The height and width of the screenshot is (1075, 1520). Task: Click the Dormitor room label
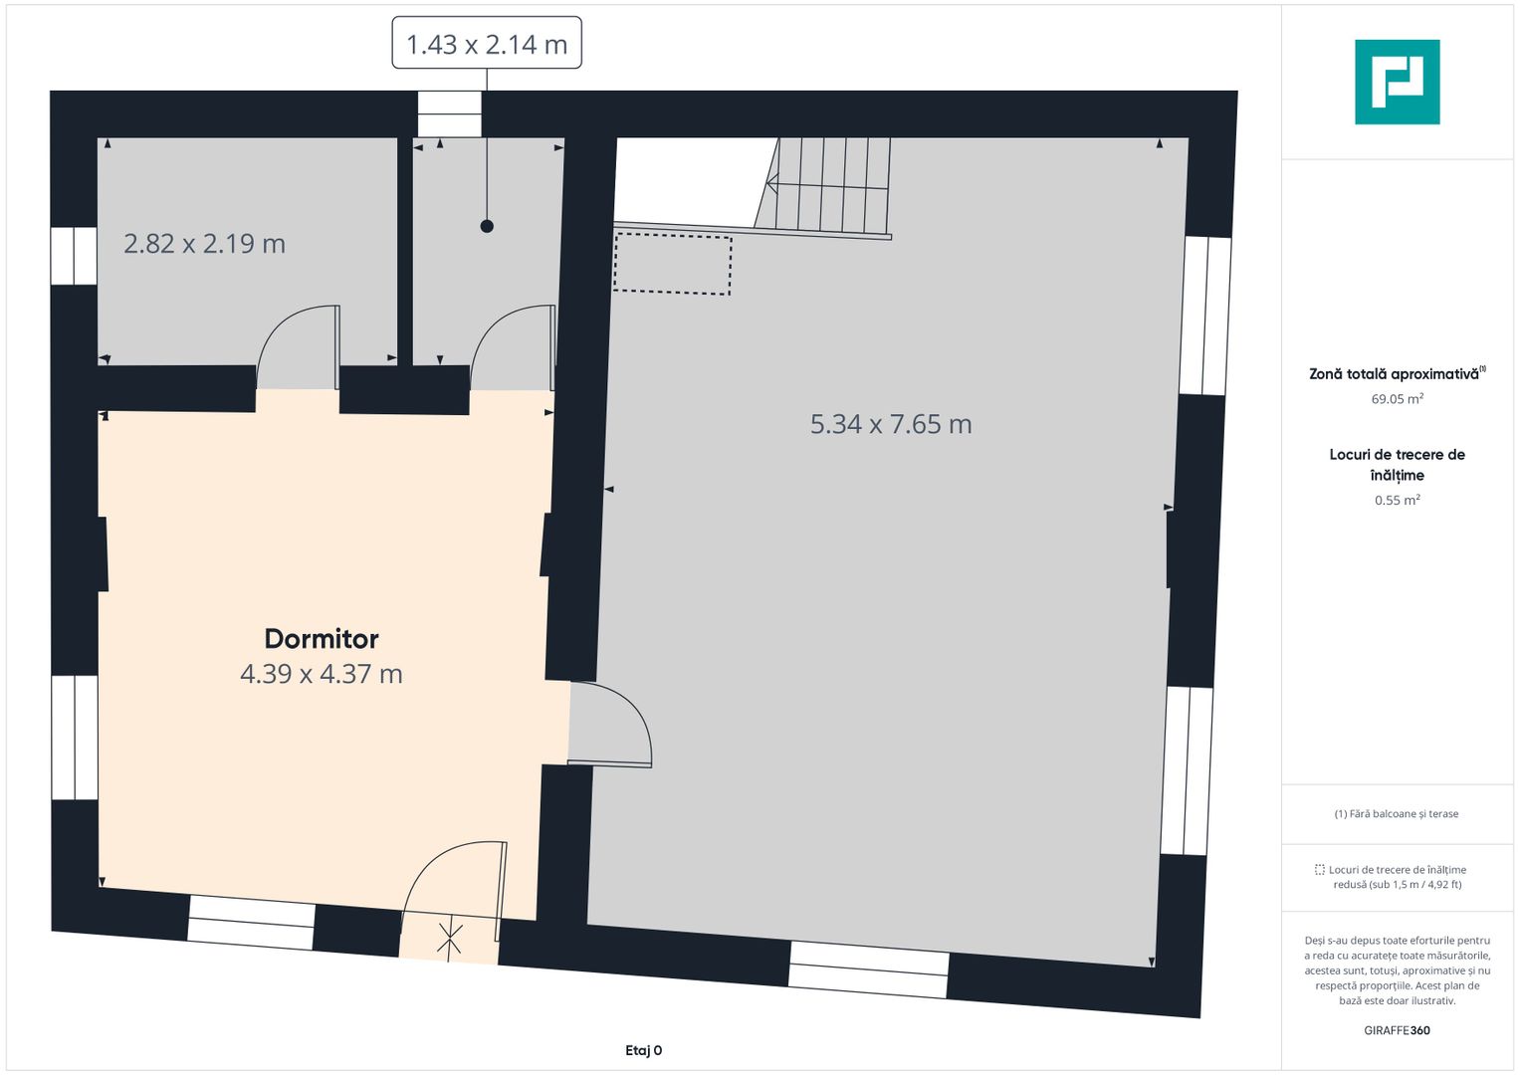coord(321,639)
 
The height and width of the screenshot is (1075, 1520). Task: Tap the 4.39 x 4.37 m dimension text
coord(321,674)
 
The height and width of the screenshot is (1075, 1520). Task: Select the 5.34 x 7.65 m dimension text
coord(891,424)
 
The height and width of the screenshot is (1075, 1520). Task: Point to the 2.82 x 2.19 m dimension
coord(204,244)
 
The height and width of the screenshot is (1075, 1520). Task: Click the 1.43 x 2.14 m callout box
coord(487,43)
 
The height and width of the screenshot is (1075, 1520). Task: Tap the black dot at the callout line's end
coord(487,227)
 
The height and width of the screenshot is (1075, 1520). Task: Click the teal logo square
coord(1398,82)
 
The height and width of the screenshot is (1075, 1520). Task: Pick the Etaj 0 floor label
coord(643,1050)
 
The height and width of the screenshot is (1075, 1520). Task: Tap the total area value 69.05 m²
coord(1398,399)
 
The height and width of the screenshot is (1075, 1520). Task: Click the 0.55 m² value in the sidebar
coord(1398,500)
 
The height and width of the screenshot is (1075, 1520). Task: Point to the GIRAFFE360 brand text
coord(1398,1030)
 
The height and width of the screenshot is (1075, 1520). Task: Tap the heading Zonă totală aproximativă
coord(1394,374)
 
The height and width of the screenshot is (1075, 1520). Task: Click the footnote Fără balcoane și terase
coord(1397,814)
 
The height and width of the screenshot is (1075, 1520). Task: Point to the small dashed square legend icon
coord(1319,869)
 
